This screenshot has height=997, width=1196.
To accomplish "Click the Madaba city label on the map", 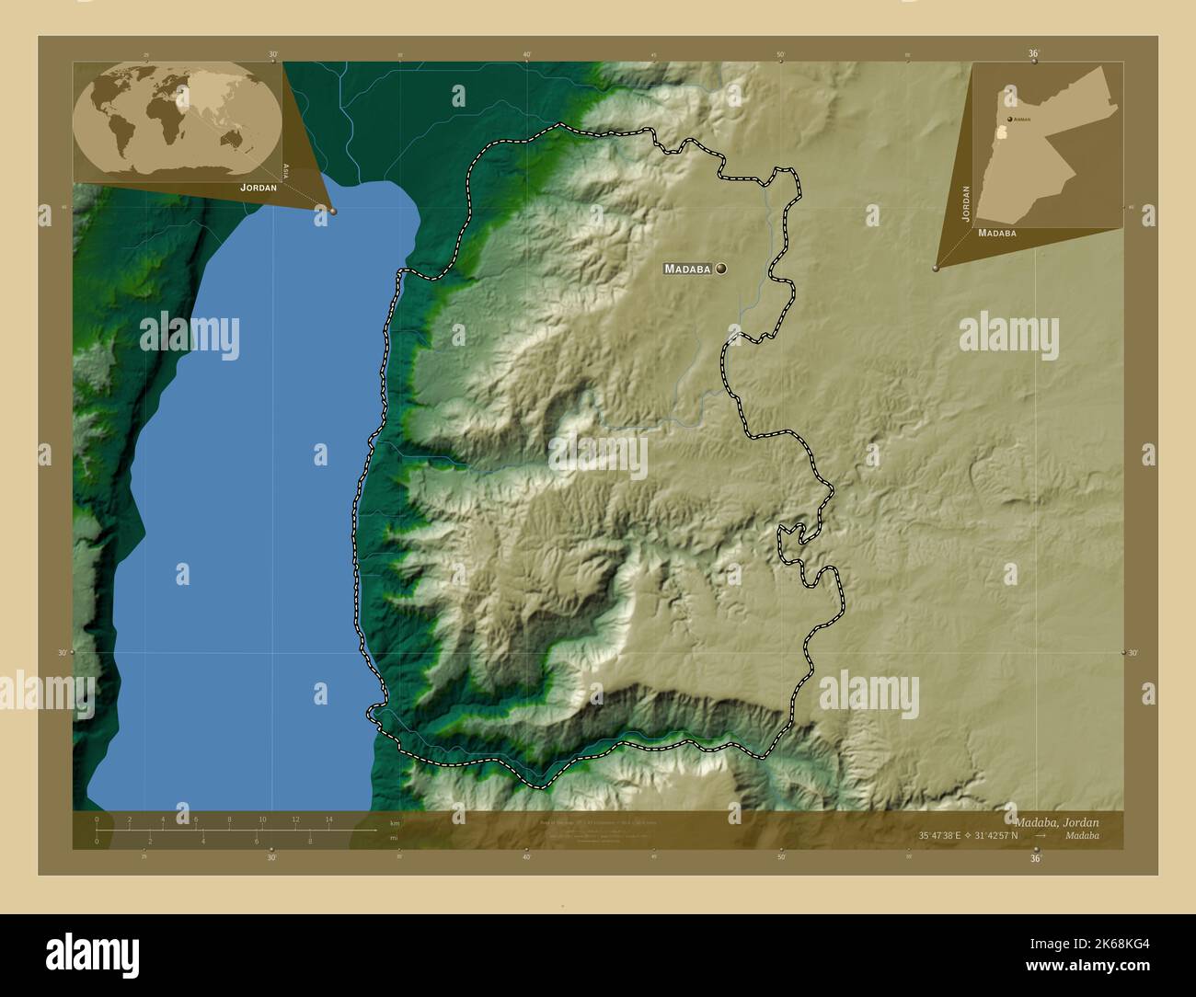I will (x=687, y=269).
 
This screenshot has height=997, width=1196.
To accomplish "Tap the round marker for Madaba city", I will (x=720, y=269).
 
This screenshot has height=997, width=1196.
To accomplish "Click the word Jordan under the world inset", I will (x=258, y=188).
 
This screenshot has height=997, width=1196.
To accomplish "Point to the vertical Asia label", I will (x=287, y=170).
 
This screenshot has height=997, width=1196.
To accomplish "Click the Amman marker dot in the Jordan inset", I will (x=1009, y=120).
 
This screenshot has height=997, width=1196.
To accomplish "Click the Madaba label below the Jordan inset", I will (x=997, y=234).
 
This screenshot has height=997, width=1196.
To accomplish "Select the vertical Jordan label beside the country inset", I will (x=966, y=202).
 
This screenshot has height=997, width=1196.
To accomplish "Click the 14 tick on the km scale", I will (x=328, y=819).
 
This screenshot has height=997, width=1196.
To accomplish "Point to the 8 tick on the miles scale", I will (x=310, y=841).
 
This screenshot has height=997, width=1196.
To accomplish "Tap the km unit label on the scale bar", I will (x=395, y=823).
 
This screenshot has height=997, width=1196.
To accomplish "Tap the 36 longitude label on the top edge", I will (x=1033, y=54).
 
